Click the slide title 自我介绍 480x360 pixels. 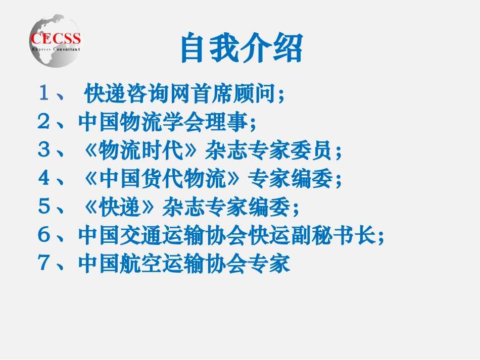pyautogui.click(x=242, y=48)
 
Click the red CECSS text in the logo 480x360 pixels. pyautogui.click(x=56, y=38)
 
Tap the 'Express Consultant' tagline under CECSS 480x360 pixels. pyautogui.click(x=56, y=49)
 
